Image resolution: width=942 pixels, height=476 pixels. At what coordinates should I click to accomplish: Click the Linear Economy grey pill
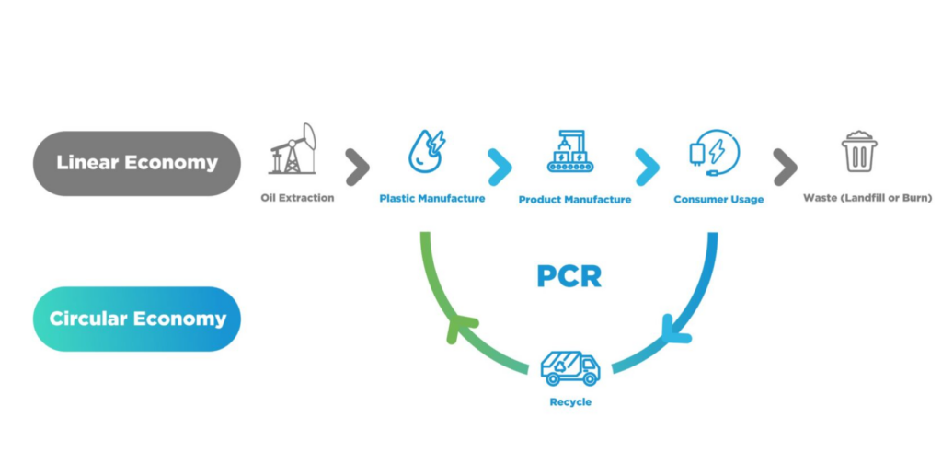tap(136, 163)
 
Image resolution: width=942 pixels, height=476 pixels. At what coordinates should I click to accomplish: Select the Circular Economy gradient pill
tap(136, 319)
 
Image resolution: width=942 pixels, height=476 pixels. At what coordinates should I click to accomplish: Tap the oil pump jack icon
tap(293, 149)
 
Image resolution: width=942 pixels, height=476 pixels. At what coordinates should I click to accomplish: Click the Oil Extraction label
tap(297, 198)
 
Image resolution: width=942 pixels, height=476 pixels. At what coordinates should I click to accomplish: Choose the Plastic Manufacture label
tap(431, 198)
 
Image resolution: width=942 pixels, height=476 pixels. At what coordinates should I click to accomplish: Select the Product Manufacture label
tap(575, 199)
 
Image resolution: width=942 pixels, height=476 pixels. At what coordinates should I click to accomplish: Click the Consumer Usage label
tap(718, 199)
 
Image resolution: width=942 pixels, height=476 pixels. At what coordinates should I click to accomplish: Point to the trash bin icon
tap(859, 152)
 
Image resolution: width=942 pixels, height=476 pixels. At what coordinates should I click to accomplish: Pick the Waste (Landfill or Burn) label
tap(867, 198)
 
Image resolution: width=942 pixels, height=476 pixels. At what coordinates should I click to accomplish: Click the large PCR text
tap(569, 274)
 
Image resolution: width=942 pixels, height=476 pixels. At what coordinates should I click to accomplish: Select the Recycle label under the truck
tap(570, 402)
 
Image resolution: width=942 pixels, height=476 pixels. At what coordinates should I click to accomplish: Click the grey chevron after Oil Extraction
tap(357, 167)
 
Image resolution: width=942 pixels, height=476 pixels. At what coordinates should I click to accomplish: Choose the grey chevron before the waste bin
tap(785, 167)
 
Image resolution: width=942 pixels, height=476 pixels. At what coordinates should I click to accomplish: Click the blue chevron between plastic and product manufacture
tap(499, 167)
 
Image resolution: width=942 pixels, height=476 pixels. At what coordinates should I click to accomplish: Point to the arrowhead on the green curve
tap(460, 328)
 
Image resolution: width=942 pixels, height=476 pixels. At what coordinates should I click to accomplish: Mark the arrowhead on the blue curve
tap(676, 329)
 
